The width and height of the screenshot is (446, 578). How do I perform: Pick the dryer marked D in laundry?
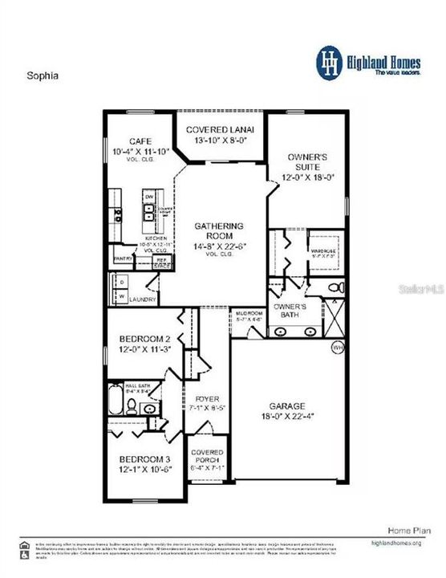120,283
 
